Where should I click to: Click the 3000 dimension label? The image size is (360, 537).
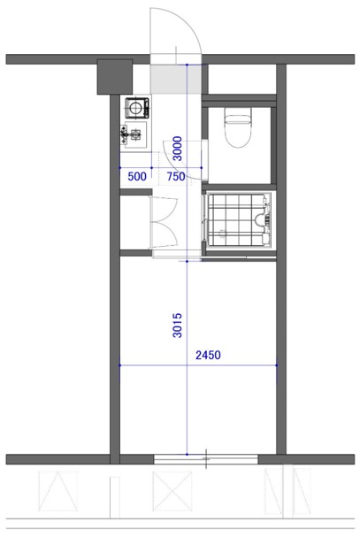point(178,149)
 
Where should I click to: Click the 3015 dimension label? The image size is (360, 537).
point(178,326)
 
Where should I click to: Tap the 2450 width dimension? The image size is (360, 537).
point(208,355)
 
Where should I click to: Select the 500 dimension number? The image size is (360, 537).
point(137,176)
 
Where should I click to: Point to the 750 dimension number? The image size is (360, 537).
point(176,176)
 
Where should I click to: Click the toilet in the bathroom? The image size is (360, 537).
point(237,127)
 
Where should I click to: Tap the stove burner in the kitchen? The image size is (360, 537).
point(137,108)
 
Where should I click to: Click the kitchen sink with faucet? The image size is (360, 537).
point(134,134)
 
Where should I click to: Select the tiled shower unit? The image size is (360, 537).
point(239,220)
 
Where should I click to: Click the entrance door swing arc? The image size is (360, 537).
point(191,24)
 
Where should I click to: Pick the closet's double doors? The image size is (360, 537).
point(164,222)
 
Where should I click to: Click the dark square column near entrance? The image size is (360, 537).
point(115,77)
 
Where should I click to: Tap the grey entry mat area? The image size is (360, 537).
point(176,79)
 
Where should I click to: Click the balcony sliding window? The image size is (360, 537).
point(205,459)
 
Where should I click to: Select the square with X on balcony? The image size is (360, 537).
point(172,491)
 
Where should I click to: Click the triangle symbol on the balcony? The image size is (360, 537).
point(57,491)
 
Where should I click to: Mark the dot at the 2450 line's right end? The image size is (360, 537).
point(277,365)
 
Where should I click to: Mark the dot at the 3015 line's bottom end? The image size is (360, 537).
point(187,454)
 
